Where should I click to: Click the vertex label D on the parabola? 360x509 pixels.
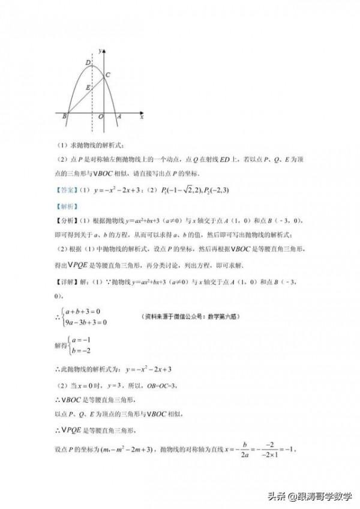(88, 62)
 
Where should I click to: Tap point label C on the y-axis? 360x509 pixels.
(107, 74)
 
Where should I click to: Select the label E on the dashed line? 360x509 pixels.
(88, 88)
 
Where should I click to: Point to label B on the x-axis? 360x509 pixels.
(64, 117)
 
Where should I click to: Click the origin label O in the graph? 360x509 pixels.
(100, 117)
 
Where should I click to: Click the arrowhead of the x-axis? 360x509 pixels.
(142, 112)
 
